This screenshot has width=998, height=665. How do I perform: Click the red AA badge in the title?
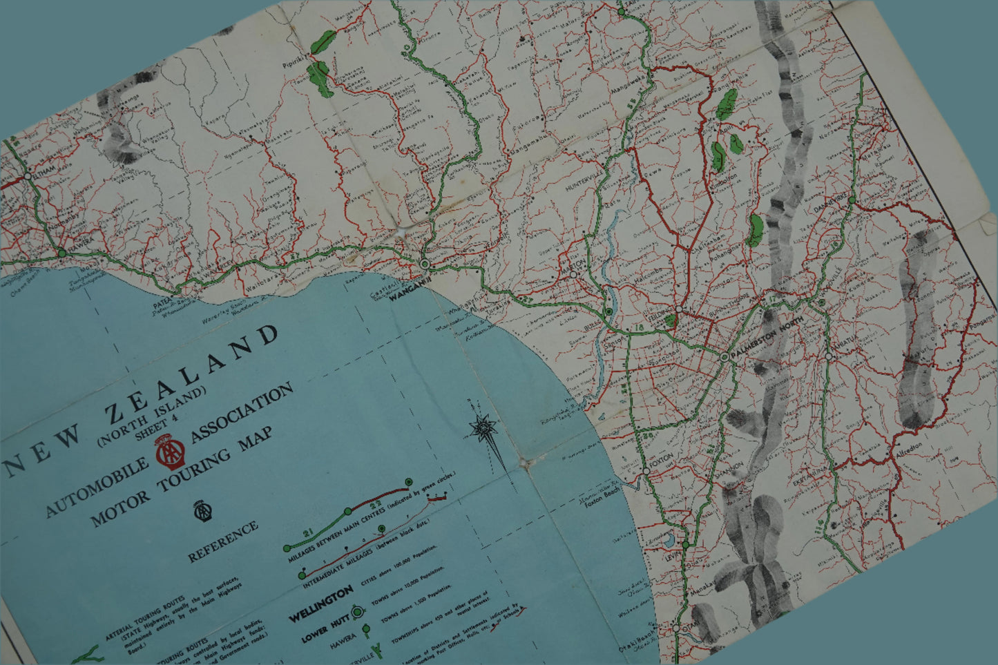point(168,451)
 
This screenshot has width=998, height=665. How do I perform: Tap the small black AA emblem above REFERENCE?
point(200,510)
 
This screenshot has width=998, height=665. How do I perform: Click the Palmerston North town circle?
point(724,357)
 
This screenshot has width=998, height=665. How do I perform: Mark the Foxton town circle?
point(645,470)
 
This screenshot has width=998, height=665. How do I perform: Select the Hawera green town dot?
point(62,253)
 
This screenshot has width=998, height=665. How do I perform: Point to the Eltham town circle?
point(27,176)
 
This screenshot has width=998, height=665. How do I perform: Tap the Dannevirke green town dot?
point(852,200)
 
